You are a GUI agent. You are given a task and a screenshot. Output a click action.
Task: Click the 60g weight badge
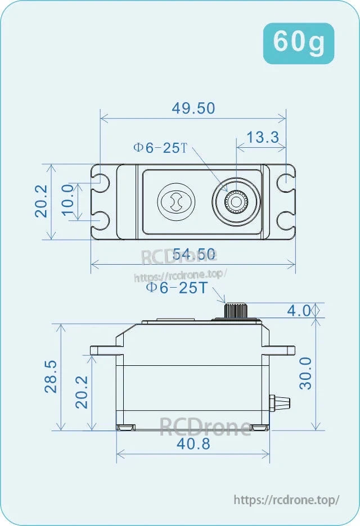pyautogui.click(x=299, y=43)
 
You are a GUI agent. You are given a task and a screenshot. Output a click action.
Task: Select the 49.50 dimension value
pyautogui.click(x=193, y=108)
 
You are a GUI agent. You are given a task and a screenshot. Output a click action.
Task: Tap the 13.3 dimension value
pyautogui.click(x=263, y=137)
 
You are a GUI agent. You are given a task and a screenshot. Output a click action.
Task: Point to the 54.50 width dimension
pyautogui.click(x=193, y=254)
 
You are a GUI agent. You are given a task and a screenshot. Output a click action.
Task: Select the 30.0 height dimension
pyautogui.click(x=306, y=373)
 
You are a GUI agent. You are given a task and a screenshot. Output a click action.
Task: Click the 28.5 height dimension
pyautogui.click(x=51, y=376)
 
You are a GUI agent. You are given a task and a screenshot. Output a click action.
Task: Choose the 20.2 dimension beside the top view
pyautogui.click(x=42, y=201)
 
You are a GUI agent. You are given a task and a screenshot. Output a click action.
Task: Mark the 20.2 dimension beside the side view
pyautogui.click(x=82, y=392)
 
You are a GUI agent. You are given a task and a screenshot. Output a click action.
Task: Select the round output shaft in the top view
pyautogui.click(x=236, y=201)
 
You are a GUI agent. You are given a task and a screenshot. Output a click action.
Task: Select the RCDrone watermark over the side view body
pyautogui.click(x=204, y=427)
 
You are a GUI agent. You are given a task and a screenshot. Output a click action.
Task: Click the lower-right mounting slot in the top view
pyautogui.click(x=286, y=221)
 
